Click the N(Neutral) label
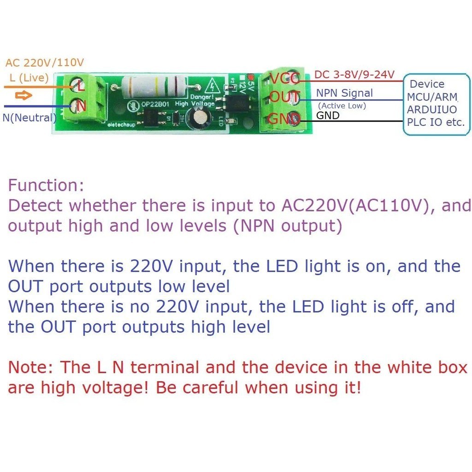click(29, 118)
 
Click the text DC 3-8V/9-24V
click(354, 75)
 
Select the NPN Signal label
click(344, 93)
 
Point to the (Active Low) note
click(342, 106)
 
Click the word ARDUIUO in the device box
click(432, 110)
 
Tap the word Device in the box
click(427, 84)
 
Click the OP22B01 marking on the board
click(154, 105)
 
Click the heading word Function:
click(46, 186)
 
